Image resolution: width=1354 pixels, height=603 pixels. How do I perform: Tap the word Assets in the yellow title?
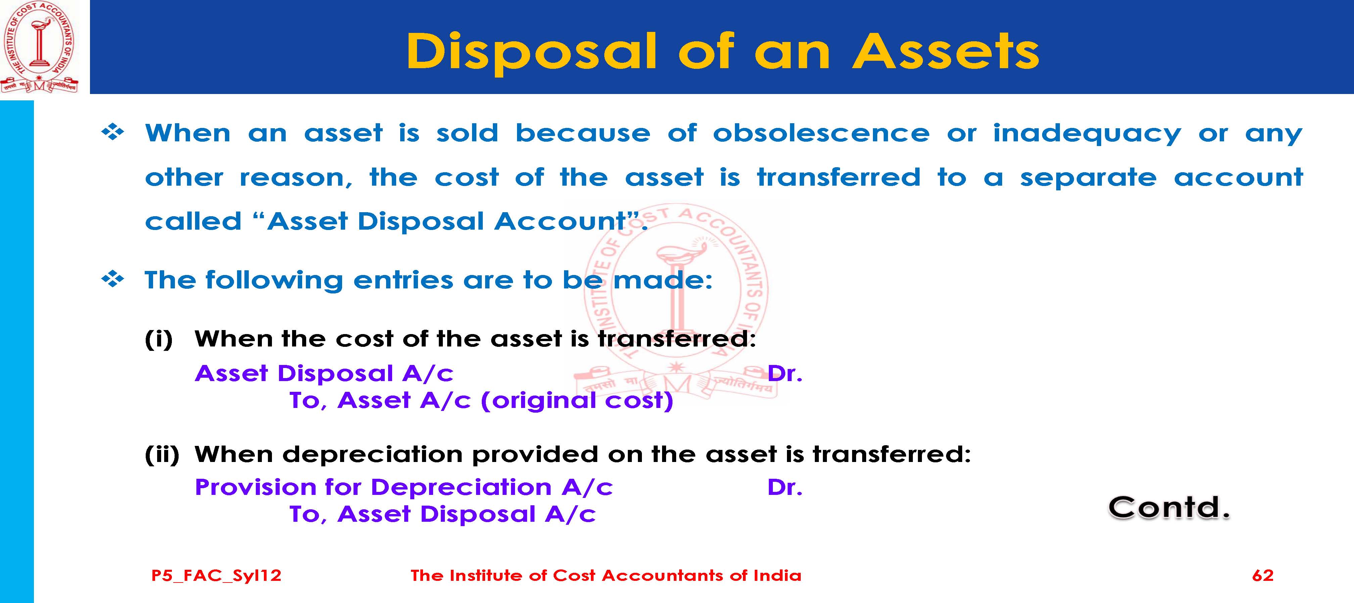tap(946, 51)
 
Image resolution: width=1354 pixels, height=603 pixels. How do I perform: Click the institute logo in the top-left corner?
tap(39, 47)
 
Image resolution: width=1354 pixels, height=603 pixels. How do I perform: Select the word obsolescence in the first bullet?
tap(821, 133)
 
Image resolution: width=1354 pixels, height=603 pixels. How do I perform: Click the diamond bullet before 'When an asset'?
tap(112, 133)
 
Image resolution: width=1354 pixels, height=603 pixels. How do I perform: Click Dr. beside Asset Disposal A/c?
tap(785, 373)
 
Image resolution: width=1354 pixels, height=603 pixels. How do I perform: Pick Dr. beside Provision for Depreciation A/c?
tap(785, 488)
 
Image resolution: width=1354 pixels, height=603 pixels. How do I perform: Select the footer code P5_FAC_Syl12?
tap(216, 576)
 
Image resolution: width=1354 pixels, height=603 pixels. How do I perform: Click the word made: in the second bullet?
tap(662, 280)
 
